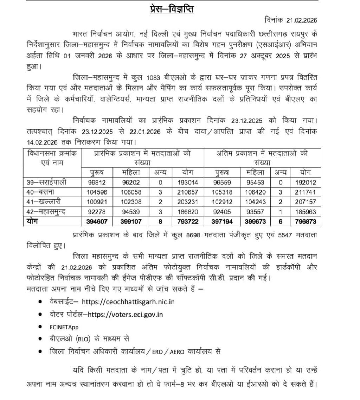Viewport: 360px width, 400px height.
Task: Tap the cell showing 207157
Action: pos(303,202)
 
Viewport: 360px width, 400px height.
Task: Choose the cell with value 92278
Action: pos(97,211)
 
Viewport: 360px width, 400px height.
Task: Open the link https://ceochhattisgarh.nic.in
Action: pos(128,302)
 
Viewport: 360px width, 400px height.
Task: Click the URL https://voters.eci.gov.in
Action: pos(125,315)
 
